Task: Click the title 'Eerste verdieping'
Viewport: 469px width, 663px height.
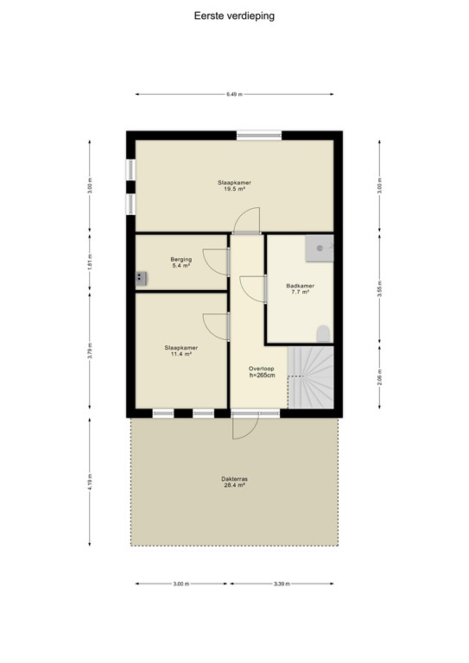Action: point(234,15)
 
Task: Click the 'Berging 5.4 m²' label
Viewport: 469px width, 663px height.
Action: point(181,262)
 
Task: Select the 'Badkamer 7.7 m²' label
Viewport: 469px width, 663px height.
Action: point(300,288)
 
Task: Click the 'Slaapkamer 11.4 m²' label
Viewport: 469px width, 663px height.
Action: point(180,350)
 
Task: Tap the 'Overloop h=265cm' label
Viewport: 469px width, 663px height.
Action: point(261,371)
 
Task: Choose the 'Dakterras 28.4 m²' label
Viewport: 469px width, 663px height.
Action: point(234,481)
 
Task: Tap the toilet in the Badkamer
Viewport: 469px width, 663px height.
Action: point(323,333)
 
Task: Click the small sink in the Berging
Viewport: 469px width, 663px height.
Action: point(140,277)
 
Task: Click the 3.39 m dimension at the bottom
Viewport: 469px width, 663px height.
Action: point(282,584)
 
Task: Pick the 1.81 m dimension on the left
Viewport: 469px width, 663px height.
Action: point(90,262)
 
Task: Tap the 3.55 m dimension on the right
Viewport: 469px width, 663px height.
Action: point(379,289)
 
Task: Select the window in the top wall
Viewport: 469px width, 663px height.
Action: point(259,134)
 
